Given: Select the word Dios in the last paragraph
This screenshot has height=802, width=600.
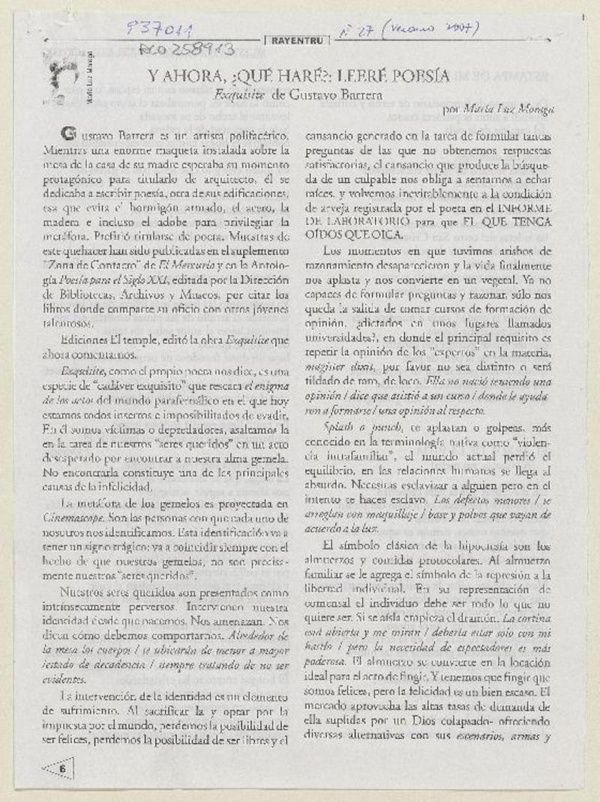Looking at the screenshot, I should point(399,720).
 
